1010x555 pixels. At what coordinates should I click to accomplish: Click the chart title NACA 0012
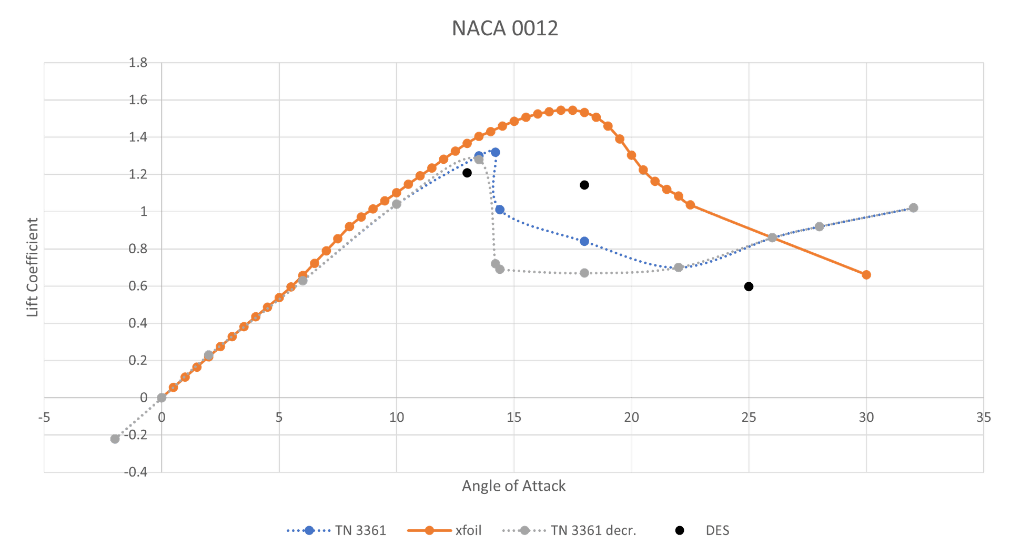pyautogui.click(x=505, y=28)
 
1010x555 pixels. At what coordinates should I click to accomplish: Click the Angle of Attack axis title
pyautogui.click(x=513, y=485)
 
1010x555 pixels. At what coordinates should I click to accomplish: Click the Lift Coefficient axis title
pyautogui.click(x=33, y=267)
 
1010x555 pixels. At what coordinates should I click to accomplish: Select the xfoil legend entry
pyautogui.click(x=445, y=530)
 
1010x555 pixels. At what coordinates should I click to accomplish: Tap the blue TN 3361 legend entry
pyautogui.click(x=337, y=530)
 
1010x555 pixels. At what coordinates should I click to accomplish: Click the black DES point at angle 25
pyautogui.click(x=749, y=286)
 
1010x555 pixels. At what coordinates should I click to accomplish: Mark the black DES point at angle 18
pyautogui.click(x=584, y=185)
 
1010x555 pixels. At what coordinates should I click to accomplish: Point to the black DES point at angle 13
pyautogui.click(x=467, y=173)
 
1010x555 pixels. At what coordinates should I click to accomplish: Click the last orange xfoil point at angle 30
pyautogui.click(x=866, y=275)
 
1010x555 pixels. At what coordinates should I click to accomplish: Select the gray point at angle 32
pyautogui.click(x=913, y=207)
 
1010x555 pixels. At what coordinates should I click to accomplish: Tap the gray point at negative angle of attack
pyautogui.click(x=115, y=439)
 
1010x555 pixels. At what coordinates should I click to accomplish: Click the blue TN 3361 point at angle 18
pyautogui.click(x=584, y=241)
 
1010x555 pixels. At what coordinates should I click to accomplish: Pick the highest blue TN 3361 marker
pyautogui.click(x=495, y=152)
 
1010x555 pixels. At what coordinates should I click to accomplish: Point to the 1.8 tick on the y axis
pyautogui.click(x=138, y=63)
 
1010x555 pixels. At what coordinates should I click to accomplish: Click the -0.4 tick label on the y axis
pyautogui.click(x=136, y=472)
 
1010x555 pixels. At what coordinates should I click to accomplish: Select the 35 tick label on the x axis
pyautogui.click(x=983, y=418)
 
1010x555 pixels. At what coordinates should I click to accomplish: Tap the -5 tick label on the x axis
pyautogui.click(x=44, y=418)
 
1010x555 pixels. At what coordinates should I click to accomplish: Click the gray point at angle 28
pyautogui.click(x=819, y=226)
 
